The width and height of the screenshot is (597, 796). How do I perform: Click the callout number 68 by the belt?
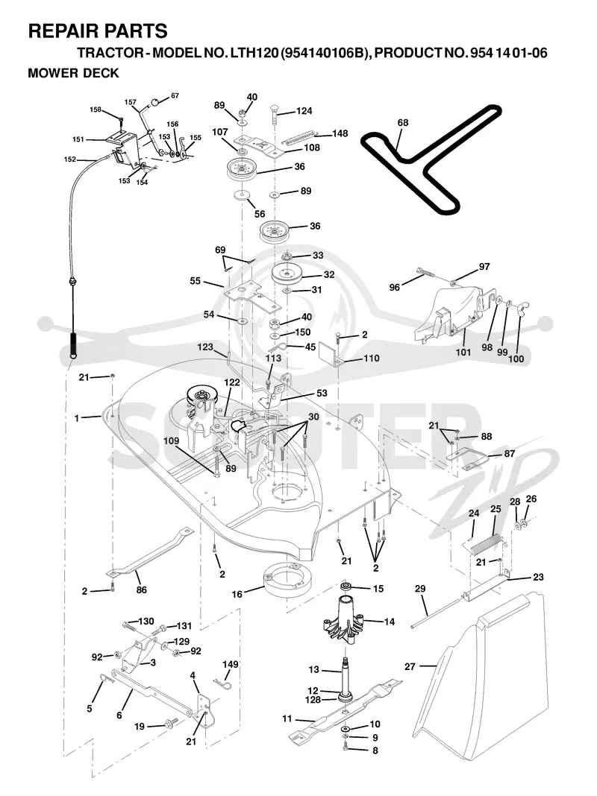tap(403, 123)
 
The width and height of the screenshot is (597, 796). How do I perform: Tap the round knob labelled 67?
tap(155, 101)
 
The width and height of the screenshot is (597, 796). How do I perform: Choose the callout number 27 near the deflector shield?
tap(410, 666)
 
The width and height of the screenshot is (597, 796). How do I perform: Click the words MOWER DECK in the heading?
tap(73, 73)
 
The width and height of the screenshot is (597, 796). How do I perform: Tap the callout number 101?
tap(463, 351)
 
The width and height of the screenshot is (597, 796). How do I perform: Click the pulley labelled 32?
tap(287, 275)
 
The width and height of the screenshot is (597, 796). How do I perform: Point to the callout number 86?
tap(141, 590)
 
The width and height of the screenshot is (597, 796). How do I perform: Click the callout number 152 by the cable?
tap(70, 159)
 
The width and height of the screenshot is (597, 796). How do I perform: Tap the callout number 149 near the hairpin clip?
tap(230, 664)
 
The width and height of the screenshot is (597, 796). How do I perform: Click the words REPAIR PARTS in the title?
tap(98, 31)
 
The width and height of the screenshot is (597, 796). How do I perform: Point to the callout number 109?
tap(171, 440)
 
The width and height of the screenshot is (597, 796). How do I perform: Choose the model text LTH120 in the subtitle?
tap(252, 54)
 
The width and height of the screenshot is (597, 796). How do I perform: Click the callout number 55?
tap(195, 281)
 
